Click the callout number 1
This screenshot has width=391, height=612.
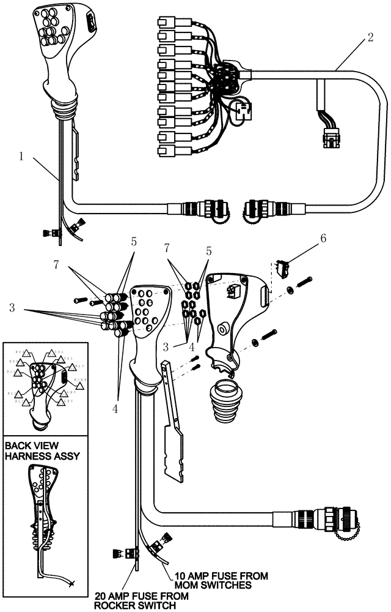click(21, 156)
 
